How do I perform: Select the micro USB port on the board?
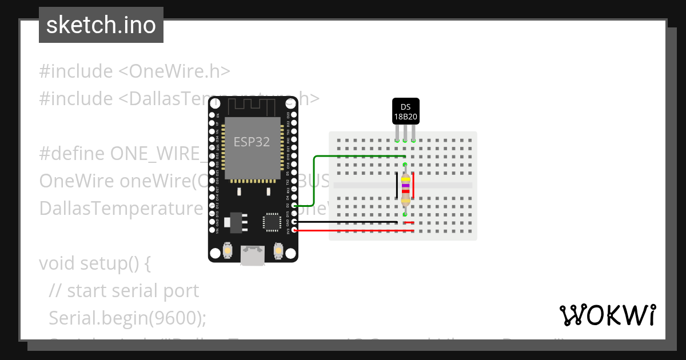pos(252,255)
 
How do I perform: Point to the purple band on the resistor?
pos(405,186)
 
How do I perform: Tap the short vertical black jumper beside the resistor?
pos(397,187)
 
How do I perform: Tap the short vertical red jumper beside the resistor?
pos(414,187)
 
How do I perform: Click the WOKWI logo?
pos(607,315)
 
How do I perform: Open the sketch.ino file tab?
pos(101,25)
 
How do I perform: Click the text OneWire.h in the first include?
pos(180,71)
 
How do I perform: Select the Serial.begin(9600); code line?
pos(127,318)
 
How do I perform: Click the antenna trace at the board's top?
pos(252,105)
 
